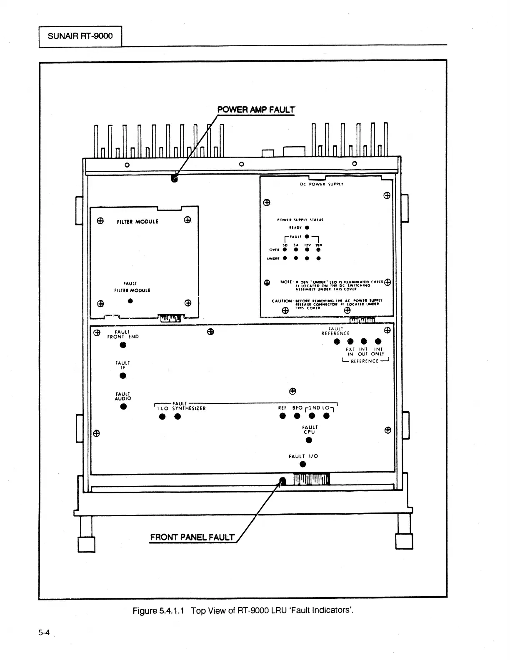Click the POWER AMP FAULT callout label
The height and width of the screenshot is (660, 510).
256,110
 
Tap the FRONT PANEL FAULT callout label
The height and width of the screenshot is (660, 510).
192,537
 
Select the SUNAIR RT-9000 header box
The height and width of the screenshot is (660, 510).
80,36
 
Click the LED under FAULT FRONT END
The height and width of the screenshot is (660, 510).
122,345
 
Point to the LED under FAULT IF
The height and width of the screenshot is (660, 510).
122,376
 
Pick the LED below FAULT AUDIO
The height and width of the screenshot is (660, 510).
123,407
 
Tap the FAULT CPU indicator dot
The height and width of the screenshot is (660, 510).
309,440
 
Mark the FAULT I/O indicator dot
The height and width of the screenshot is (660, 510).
303,465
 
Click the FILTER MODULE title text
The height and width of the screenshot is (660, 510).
137,222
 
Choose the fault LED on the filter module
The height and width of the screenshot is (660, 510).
130,301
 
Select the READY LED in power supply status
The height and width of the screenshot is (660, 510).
307,227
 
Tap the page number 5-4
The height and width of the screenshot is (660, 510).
44,632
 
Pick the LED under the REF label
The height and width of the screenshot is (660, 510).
282,416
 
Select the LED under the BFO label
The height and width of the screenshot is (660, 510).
297,416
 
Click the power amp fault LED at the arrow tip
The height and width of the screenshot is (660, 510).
174,179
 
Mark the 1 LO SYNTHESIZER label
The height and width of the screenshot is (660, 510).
181,408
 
